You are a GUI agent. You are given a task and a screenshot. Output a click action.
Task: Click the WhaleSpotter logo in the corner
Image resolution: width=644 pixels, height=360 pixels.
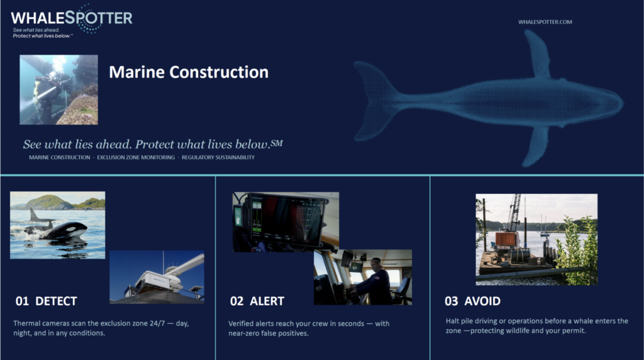pyautogui.click(x=72, y=21)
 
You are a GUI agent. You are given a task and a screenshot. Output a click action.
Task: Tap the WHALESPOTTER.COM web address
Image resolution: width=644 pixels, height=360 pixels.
pyautogui.click(x=545, y=22)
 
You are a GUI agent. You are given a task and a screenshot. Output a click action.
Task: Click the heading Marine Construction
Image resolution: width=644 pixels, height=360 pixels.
pyautogui.click(x=189, y=72)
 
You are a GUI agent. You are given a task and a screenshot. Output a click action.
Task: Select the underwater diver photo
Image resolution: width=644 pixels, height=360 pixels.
pyautogui.click(x=58, y=89)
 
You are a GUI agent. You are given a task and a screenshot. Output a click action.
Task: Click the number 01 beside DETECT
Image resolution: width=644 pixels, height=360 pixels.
pyautogui.click(x=22, y=301)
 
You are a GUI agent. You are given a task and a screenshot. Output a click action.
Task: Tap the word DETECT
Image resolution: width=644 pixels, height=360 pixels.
pyautogui.click(x=56, y=301)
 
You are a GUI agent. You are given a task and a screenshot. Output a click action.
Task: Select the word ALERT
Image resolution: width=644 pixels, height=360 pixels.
pyautogui.click(x=267, y=301)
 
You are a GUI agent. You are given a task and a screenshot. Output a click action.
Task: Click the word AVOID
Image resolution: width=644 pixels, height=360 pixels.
pyautogui.click(x=482, y=301)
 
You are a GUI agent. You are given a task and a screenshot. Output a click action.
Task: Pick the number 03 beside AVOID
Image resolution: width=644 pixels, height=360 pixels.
pyautogui.click(x=451, y=301)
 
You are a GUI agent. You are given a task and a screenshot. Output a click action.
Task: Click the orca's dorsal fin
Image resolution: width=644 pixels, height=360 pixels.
pyautogui.click(x=34, y=215)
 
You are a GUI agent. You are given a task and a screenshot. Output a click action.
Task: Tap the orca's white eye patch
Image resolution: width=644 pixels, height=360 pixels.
pyautogui.click(x=77, y=227)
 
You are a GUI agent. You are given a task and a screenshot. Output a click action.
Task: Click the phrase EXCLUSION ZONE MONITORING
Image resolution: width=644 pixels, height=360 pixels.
pyautogui.click(x=136, y=157)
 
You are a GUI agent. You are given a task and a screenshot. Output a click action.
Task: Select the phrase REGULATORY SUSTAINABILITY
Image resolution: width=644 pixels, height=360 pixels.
pyautogui.click(x=218, y=157)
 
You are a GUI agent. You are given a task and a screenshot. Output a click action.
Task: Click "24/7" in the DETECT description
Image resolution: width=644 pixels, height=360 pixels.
pyautogui.click(x=157, y=323)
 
